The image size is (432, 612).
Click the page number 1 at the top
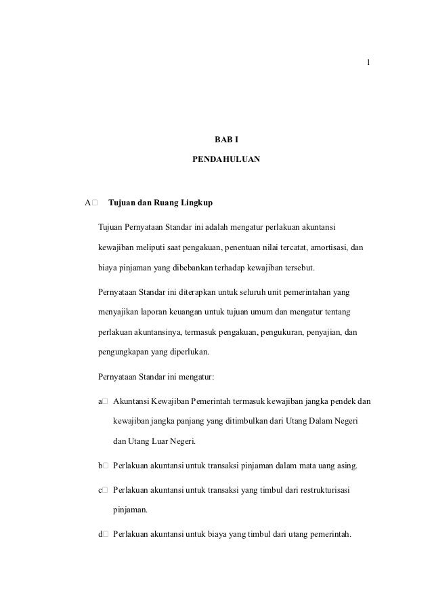pyautogui.click(x=367, y=63)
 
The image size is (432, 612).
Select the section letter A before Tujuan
pyautogui.click(x=87, y=202)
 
